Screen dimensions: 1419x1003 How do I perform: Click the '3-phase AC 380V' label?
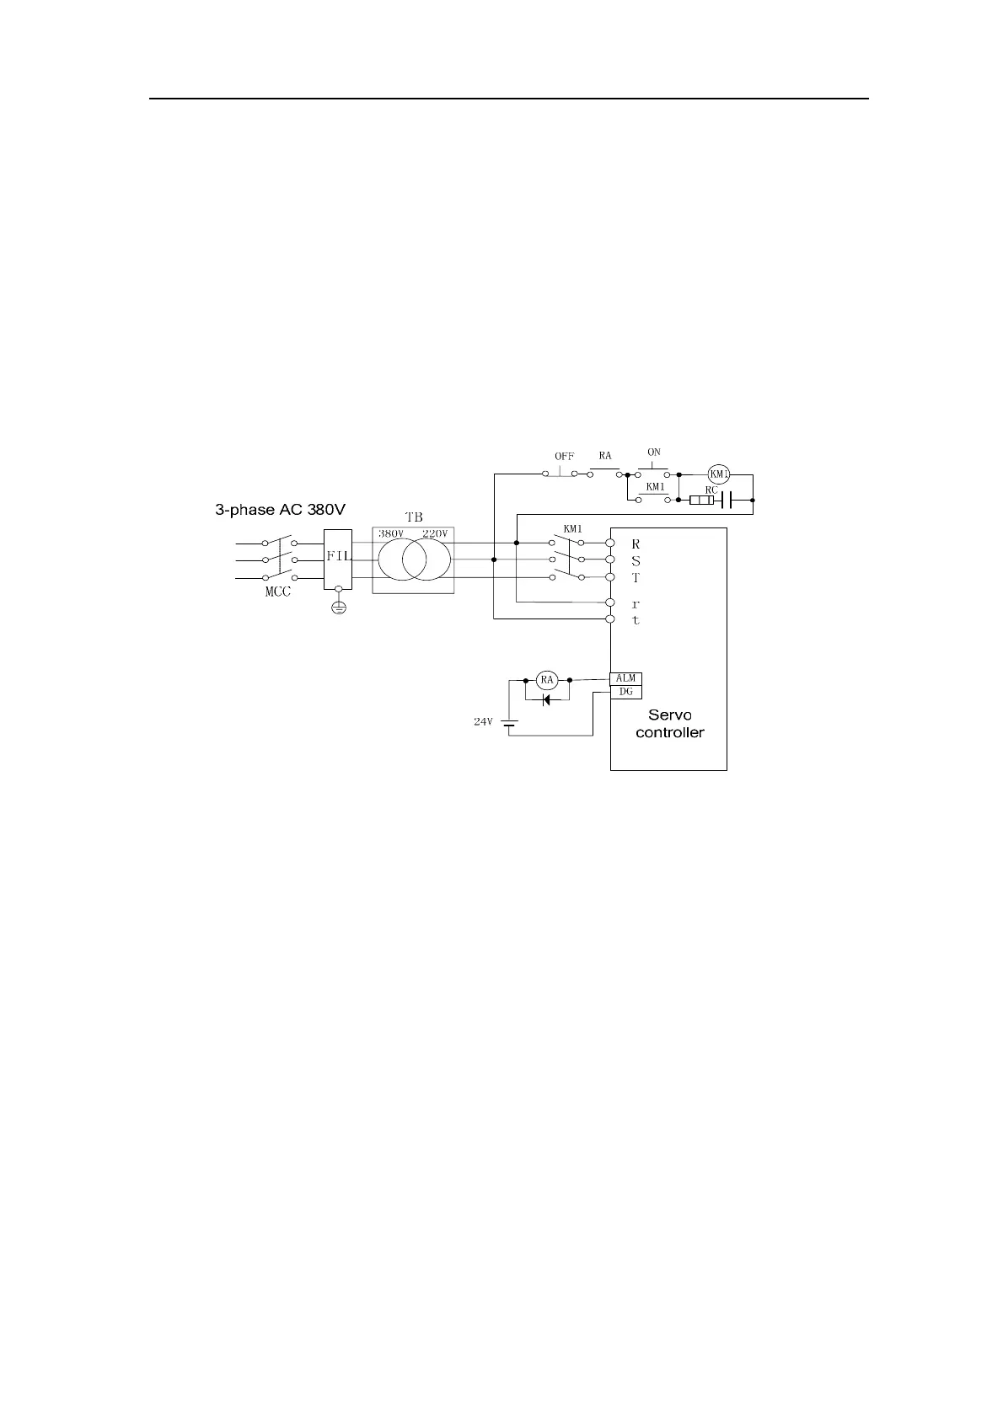(x=281, y=510)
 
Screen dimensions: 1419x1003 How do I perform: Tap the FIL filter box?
(x=338, y=559)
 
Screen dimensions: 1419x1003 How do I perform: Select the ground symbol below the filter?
(x=338, y=608)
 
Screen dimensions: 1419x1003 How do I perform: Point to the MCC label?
(x=278, y=592)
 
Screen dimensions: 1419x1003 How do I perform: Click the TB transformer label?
(x=413, y=518)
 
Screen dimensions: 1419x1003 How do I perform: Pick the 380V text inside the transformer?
(x=391, y=534)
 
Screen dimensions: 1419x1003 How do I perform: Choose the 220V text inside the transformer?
(x=435, y=534)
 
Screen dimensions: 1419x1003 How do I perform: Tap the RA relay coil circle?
(x=547, y=680)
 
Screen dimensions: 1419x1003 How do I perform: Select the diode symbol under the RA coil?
(x=547, y=699)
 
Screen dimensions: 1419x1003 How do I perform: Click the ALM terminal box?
(x=625, y=679)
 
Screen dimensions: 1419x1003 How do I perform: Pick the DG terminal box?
(x=625, y=692)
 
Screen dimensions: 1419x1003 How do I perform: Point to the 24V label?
(x=482, y=722)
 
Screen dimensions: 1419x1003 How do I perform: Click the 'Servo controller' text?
(x=669, y=724)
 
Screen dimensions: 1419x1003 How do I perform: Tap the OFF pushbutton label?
(x=564, y=457)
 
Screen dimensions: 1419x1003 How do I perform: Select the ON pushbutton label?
(x=654, y=452)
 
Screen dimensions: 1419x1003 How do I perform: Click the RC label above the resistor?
(x=711, y=490)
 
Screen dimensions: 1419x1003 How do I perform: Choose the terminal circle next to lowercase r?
(x=610, y=602)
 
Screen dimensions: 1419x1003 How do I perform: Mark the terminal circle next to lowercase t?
(x=610, y=619)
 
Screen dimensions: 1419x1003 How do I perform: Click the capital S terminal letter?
(x=636, y=560)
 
